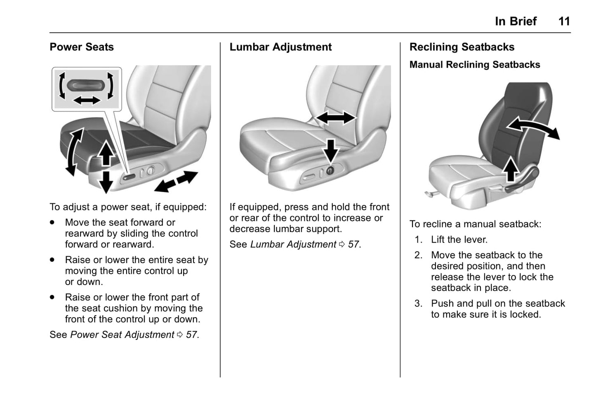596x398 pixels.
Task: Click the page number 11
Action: point(564,21)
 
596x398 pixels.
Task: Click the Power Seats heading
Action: point(82,47)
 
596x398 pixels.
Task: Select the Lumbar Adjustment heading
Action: point(280,47)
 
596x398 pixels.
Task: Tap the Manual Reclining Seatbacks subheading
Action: point(475,65)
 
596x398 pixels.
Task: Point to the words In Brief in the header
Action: point(516,21)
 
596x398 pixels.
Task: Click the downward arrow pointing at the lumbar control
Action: point(331,151)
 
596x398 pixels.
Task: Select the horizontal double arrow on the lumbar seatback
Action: point(335,118)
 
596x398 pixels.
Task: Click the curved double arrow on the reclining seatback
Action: point(533,127)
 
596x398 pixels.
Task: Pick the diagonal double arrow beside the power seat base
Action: point(176,181)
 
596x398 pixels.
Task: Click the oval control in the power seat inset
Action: point(86,85)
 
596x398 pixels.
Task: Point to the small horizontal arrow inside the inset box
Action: point(87,100)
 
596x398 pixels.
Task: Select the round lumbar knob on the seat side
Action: point(330,171)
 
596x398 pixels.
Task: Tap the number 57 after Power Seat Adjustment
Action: point(191,335)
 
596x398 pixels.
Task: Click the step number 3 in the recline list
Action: point(418,304)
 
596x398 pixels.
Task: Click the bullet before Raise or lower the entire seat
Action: point(52,260)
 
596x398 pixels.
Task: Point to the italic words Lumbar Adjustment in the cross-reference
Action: point(293,245)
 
